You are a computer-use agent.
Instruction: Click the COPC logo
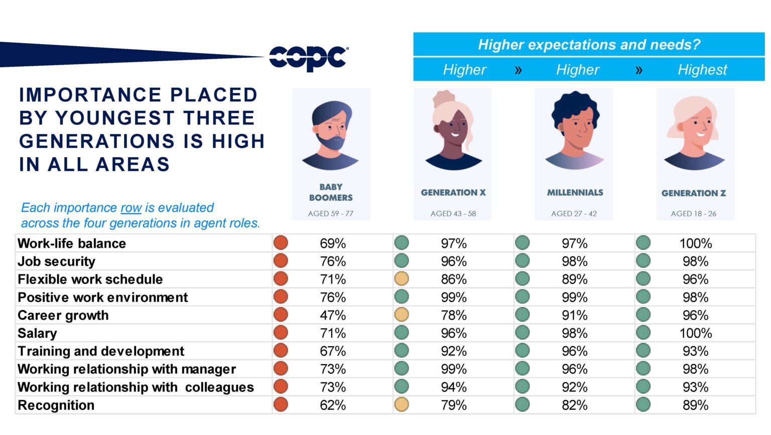[308, 58]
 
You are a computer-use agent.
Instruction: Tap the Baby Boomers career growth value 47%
[333, 316]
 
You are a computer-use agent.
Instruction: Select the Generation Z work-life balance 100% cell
[695, 244]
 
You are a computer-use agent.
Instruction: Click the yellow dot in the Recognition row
[402, 405]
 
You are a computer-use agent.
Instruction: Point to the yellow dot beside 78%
[402, 315]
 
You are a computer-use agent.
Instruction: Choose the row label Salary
[37, 334]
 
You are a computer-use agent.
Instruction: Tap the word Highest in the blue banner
[702, 70]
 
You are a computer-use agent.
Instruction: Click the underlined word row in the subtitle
[131, 208]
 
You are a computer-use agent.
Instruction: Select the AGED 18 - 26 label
[693, 214]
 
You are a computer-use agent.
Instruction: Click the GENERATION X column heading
[453, 193]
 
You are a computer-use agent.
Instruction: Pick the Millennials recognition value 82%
[574, 405]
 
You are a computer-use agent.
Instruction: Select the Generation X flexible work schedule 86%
[453, 279]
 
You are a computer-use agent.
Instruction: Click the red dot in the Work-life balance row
[281, 243]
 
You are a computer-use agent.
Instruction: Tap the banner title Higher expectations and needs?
[588, 45]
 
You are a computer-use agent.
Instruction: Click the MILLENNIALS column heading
[575, 193]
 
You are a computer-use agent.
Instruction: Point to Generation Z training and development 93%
[695, 351]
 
